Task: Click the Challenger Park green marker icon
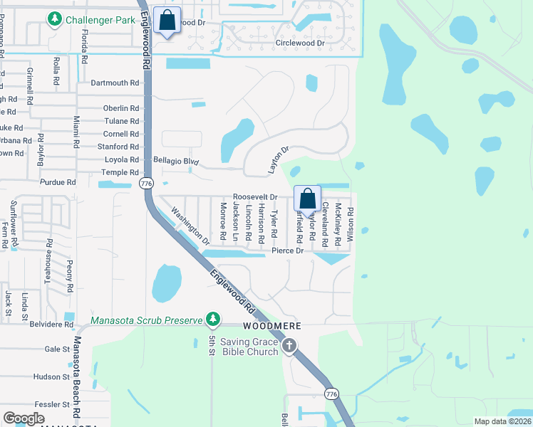54,20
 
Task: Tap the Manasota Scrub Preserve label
147,320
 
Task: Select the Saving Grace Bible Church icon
289,347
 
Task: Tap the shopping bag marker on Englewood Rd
167,22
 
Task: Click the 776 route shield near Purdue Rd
147,183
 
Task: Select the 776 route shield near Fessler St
331,394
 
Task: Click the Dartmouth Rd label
115,83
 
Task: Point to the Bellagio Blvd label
175,161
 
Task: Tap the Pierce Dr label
289,251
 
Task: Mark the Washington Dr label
190,226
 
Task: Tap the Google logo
24,418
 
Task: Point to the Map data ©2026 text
502,421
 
